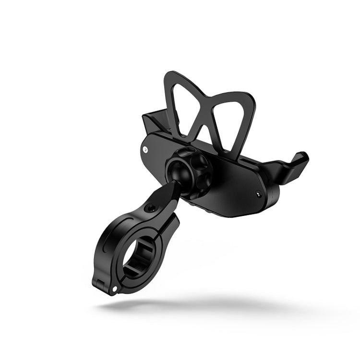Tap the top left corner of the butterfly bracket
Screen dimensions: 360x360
point(171,74)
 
